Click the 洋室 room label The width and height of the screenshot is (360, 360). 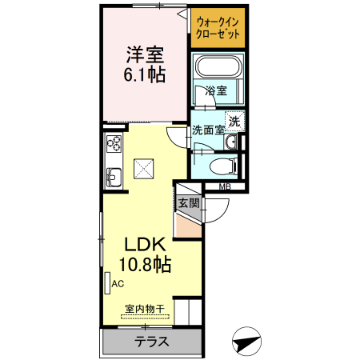pos(144,56)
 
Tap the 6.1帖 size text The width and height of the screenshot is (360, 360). pos(144,76)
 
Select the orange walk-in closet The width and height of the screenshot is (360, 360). pos(217,30)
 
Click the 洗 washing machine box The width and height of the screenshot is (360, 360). pos(234,122)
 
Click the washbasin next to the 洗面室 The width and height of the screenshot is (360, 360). pos(231,142)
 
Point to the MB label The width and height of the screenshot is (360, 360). pos(225,187)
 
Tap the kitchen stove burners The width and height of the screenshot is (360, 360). pos(114,145)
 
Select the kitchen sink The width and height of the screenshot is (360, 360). pos(113,176)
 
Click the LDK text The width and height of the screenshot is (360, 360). pos(144,246)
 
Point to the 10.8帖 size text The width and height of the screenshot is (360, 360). pos(144,264)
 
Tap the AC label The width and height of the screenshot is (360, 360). pos(118,284)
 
